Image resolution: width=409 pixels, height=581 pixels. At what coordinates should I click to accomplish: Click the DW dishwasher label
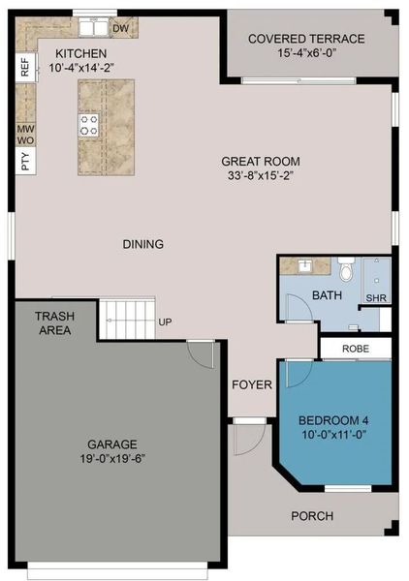coord(120,29)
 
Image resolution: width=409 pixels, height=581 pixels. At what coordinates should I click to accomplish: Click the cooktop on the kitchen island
coord(89,123)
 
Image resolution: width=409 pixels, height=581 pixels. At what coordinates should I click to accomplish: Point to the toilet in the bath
coord(346,269)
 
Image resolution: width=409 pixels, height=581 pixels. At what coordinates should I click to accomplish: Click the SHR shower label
coord(377,298)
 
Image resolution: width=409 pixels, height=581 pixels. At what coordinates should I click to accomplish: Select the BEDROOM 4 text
coord(333,420)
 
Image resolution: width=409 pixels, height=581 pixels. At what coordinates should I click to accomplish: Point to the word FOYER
coord(250,384)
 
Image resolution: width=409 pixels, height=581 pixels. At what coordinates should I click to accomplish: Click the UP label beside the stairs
coord(165,321)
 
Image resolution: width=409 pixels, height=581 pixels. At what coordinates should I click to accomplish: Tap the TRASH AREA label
coord(55,323)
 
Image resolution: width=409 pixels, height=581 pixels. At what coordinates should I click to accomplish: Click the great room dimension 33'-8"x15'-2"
coord(261,177)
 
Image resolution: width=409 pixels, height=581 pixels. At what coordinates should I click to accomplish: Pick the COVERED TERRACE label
coord(306,39)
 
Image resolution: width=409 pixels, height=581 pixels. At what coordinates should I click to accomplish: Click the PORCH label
coord(312,516)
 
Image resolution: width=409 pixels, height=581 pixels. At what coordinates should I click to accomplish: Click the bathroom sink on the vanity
coord(302,265)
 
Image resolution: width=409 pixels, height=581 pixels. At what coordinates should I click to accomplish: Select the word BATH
coord(327,295)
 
